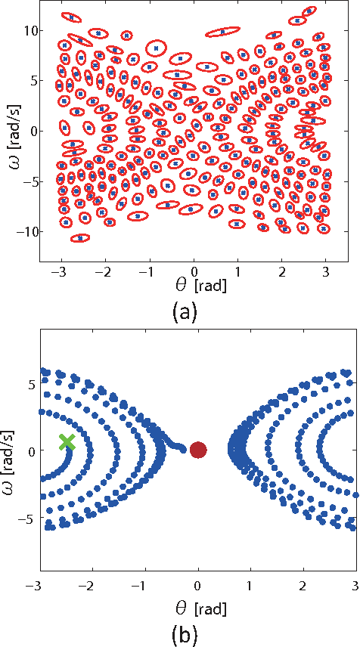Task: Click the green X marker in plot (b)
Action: pyautogui.click(x=67, y=442)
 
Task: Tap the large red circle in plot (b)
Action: pyautogui.click(x=198, y=450)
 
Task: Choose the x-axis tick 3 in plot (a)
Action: pyautogui.click(x=327, y=271)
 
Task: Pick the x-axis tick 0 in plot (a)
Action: pyautogui.click(x=194, y=271)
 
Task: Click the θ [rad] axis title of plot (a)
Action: pyautogui.click(x=194, y=289)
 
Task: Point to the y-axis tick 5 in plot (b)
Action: pyautogui.click(x=21, y=384)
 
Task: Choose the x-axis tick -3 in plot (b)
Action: pyautogui.click(x=33, y=587)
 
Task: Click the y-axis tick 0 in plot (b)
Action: pyautogui.click(x=21, y=451)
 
